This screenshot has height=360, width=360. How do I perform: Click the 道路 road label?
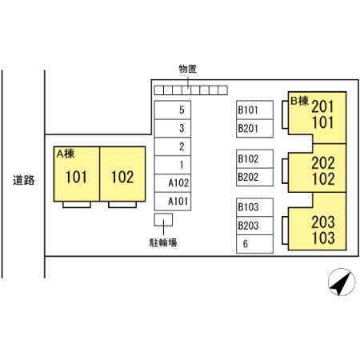click(24, 180)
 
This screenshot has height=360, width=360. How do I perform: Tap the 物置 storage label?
click(188, 69)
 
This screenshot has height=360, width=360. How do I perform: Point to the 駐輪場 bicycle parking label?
click(163, 242)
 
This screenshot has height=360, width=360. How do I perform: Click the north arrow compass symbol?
click(342, 282)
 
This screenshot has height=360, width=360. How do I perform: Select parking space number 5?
click(173, 110)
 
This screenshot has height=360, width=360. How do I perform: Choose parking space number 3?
click(173, 128)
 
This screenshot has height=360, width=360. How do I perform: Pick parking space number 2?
click(173, 146)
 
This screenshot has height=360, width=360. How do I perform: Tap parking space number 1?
click(173, 165)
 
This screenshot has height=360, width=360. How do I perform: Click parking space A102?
click(173, 183)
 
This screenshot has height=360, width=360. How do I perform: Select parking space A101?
click(173, 202)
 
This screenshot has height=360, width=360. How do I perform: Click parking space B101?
click(254, 110)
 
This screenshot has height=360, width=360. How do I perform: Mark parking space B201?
click(254, 128)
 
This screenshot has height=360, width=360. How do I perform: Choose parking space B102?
click(254, 158)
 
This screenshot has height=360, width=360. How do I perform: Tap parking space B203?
click(254, 226)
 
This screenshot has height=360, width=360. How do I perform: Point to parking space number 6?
click(254, 244)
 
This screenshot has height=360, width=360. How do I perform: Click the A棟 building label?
click(66, 154)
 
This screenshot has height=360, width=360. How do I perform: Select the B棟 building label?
click(299, 101)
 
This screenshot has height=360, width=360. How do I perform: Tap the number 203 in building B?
click(323, 222)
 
